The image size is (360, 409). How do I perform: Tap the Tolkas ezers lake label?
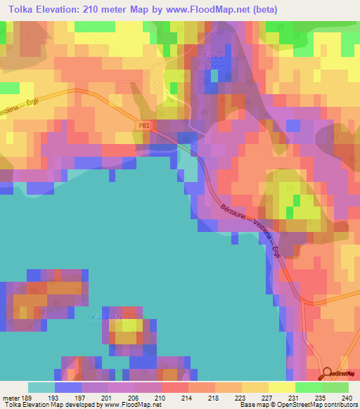[x=212, y=60]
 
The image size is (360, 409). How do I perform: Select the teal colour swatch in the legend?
[x=41, y=387]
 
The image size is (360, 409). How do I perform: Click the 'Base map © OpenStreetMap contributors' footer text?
[x=297, y=405]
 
